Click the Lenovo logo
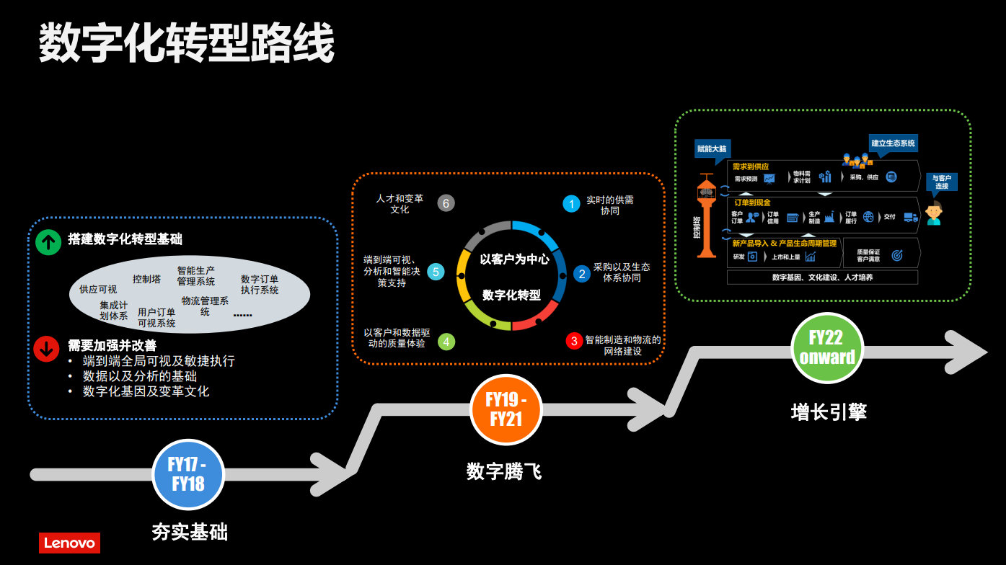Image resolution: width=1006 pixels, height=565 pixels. [69, 543]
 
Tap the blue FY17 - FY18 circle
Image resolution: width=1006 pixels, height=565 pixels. [187, 474]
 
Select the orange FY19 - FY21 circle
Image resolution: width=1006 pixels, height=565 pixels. [506, 409]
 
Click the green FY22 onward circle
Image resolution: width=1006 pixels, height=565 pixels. [827, 348]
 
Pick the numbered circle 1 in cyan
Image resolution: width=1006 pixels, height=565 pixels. [571, 204]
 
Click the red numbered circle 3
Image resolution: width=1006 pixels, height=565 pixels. [574, 341]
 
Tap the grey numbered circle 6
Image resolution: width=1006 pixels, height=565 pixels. [446, 203]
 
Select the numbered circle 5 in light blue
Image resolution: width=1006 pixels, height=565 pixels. [436, 272]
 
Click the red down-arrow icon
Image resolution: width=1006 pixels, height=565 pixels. [47, 349]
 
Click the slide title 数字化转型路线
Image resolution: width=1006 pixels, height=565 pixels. [186, 43]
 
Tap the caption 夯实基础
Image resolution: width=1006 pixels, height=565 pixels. [190, 532]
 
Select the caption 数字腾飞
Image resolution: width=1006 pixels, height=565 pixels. [503, 471]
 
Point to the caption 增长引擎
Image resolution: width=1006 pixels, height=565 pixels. [829, 411]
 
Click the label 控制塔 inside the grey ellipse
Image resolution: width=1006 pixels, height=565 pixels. [146, 279]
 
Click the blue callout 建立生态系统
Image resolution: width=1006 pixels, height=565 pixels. [893, 143]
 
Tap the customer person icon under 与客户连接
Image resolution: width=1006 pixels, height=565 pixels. [934, 213]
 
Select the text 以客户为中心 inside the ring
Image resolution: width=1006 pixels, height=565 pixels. [514, 259]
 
